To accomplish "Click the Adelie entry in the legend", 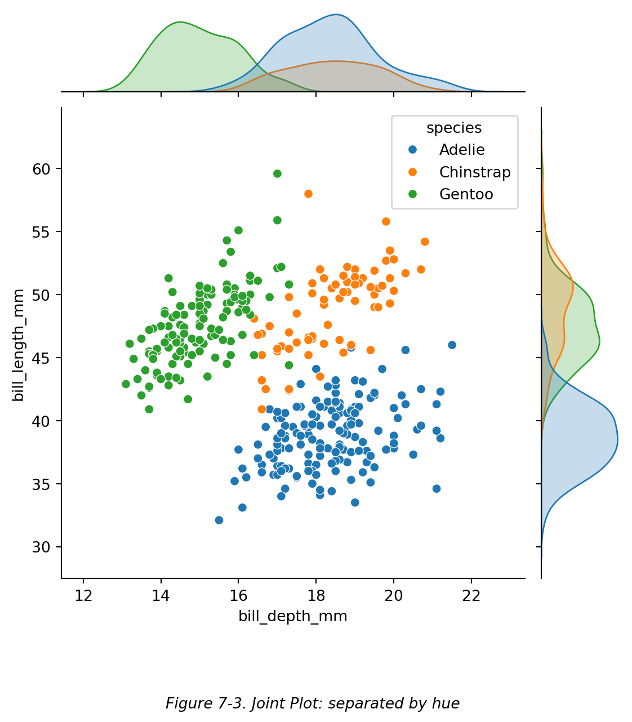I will pos(462,150).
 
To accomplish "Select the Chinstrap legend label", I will pos(475,172).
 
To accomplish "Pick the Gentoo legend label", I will pos(466,195).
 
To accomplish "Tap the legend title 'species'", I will pos(454,128).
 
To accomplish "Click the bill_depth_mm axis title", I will pos(293,617).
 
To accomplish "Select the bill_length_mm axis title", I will pos(19,345).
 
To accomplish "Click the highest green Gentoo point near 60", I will pos(277,173).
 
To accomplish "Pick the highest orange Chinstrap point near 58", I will pos(308,194).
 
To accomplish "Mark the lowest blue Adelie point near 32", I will pos(219,520).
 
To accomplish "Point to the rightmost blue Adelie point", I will pos(452,345).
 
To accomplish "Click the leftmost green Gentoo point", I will pos(126,384).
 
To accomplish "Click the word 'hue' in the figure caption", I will pos(447,704).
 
